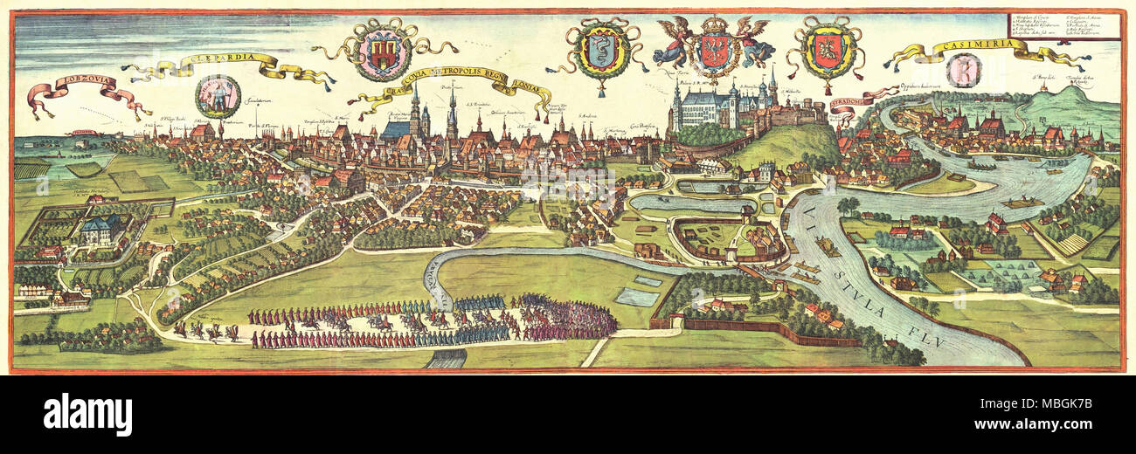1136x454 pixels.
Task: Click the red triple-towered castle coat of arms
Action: click(x=382, y=51)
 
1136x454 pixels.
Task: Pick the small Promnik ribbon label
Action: click(x=82, y=134)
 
